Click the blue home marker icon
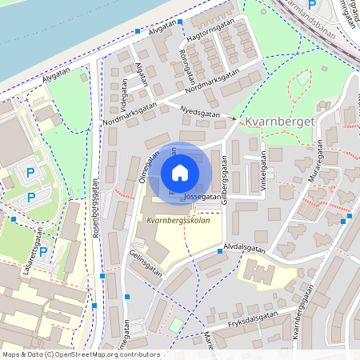(x=180, y=172)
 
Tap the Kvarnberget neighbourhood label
(x=279, y=121)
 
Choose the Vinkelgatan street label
(x=262, y=166)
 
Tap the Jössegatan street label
(x=202, y=196)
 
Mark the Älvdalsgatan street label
(x=245, y=249)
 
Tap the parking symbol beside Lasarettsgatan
(x=43, y=251)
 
